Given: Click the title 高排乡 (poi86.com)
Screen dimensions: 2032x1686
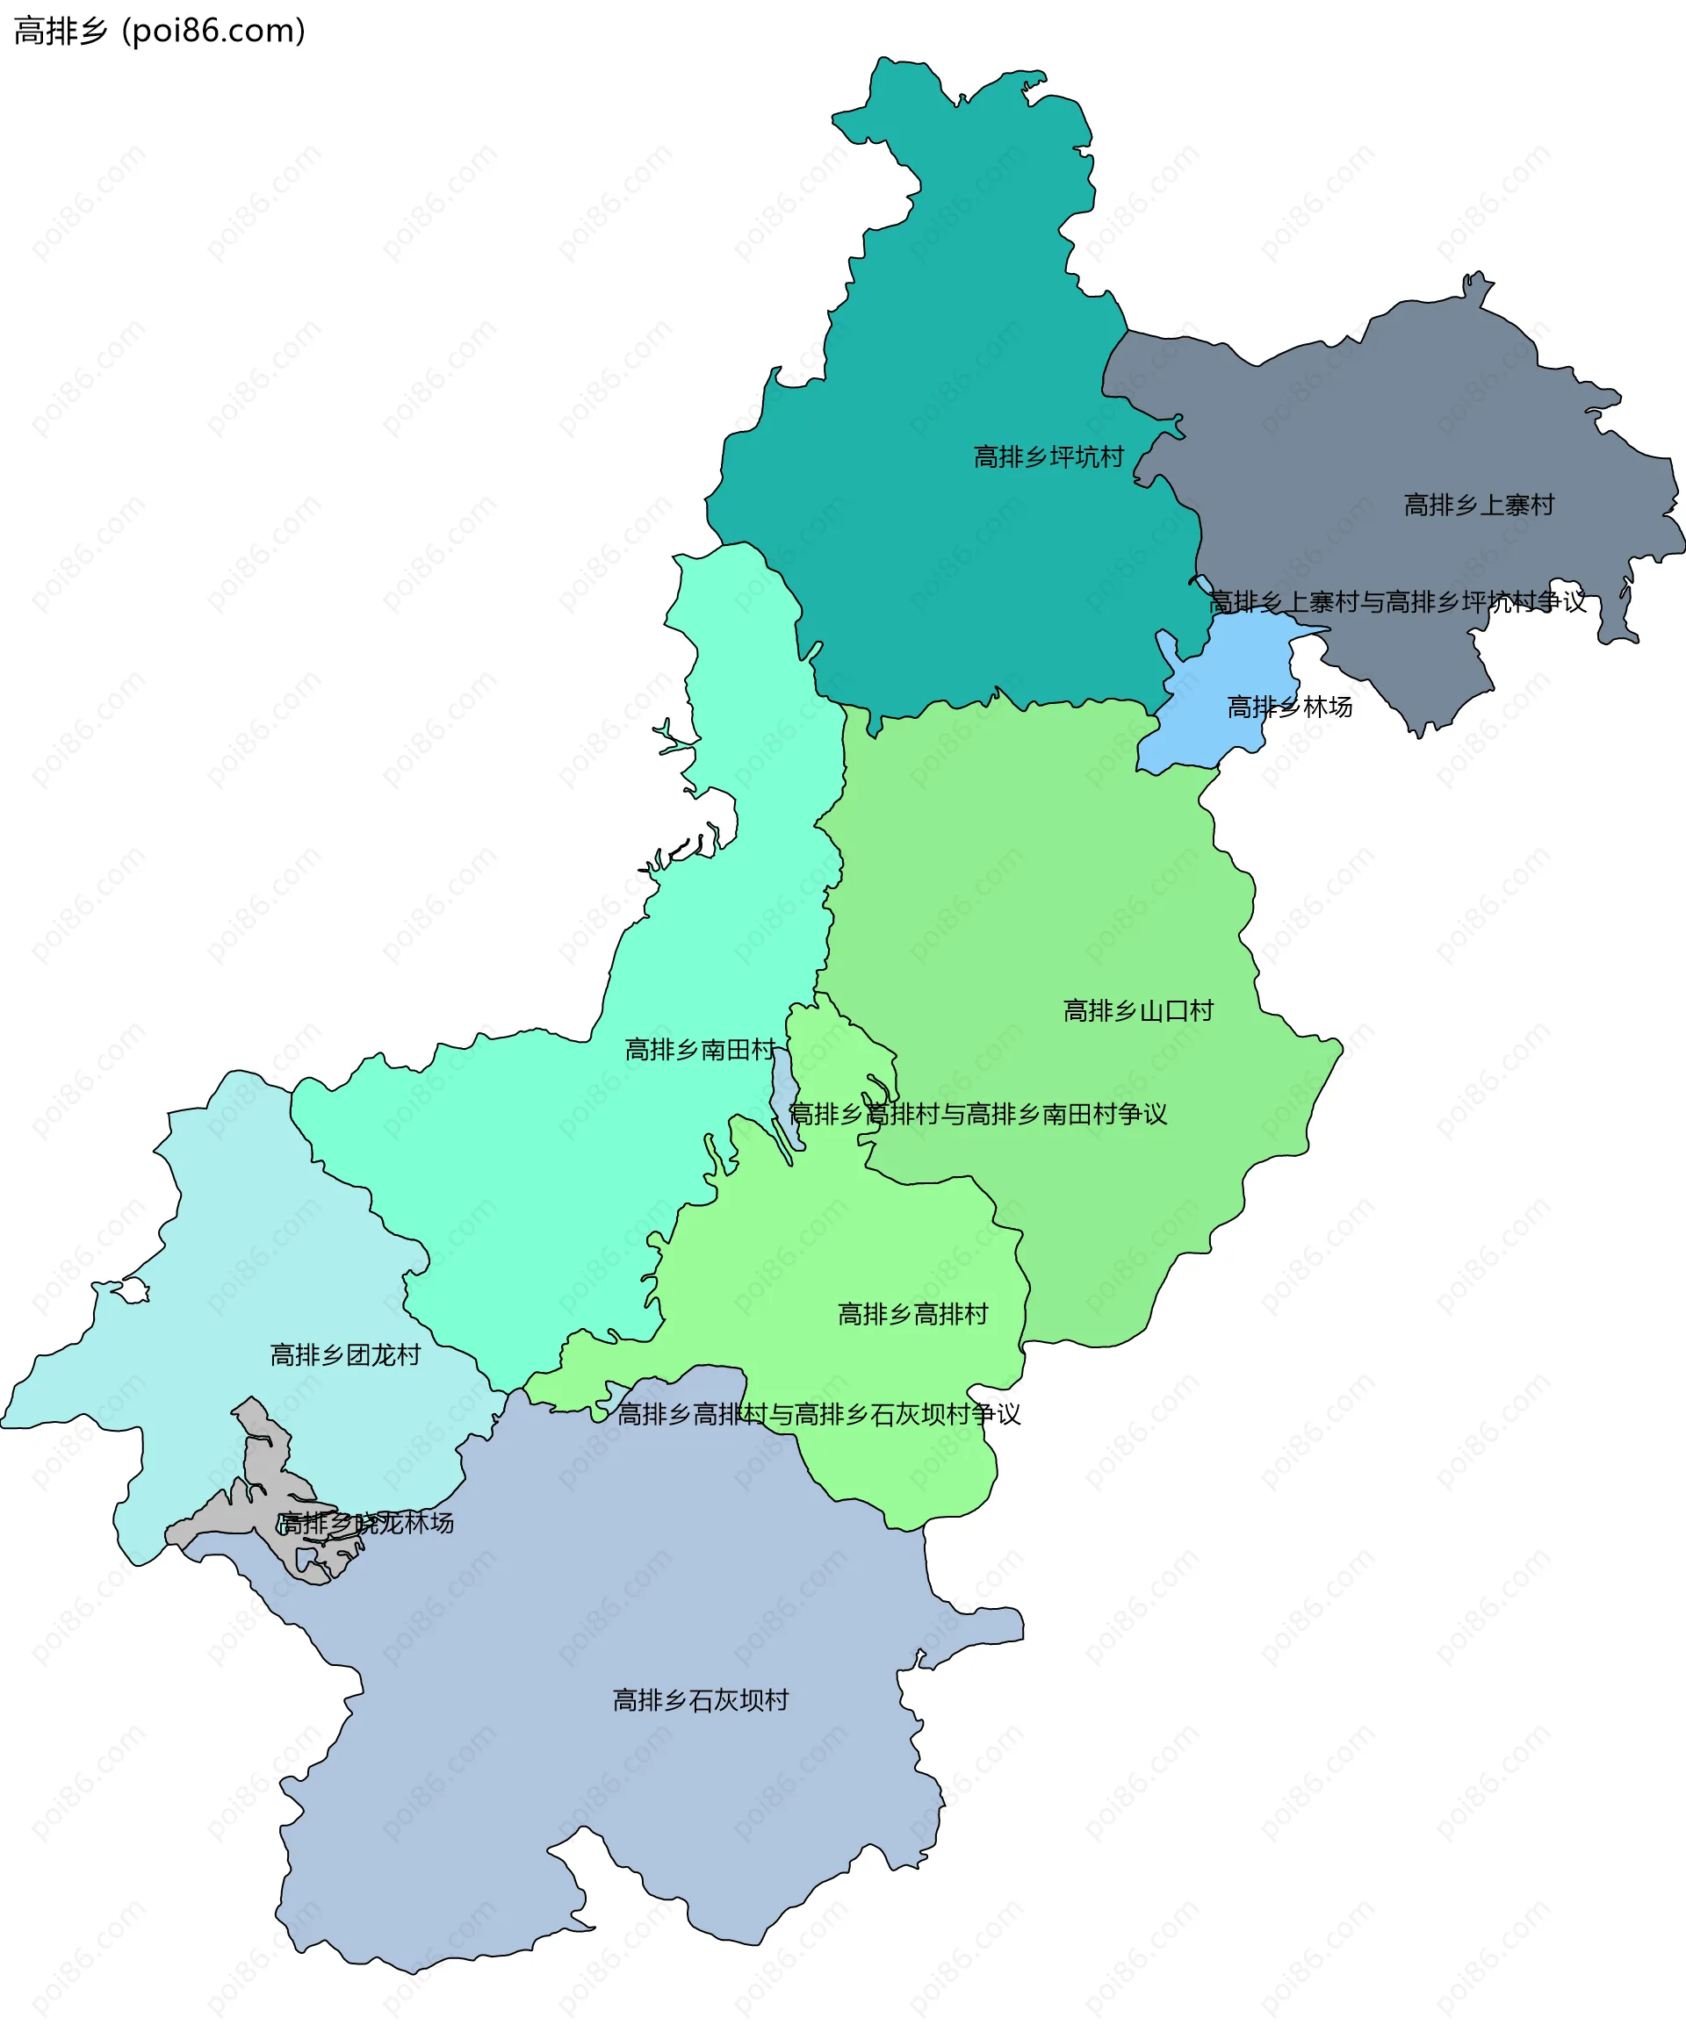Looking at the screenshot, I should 160,31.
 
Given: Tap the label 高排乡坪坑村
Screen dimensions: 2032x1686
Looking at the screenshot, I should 1048,456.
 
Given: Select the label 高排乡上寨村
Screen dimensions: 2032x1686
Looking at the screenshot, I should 1479,505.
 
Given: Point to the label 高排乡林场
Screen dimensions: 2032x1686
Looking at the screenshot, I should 1289,707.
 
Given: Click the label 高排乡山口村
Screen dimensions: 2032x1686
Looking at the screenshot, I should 1138,1011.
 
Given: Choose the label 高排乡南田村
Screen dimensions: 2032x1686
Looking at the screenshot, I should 700,1050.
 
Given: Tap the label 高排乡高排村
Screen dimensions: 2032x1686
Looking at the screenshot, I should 912,1314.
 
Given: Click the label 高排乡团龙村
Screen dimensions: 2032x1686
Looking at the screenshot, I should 345,1354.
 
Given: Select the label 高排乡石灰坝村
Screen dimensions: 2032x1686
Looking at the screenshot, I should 701,1700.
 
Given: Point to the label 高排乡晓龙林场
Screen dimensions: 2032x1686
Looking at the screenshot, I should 366,1523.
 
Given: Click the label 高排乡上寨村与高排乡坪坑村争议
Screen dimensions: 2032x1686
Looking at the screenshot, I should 1398,602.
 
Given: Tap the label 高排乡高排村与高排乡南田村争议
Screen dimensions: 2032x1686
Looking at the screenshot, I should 977,1115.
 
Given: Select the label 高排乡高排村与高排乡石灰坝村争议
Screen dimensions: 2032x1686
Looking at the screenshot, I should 818,1415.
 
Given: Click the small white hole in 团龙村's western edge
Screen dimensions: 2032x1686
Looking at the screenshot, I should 133,1291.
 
